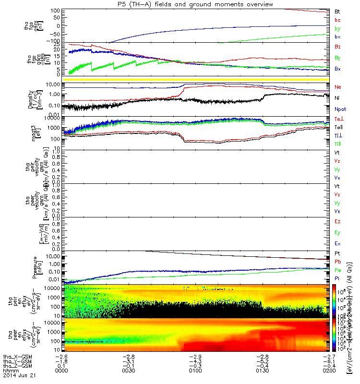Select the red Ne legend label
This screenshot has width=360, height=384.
[338, 87]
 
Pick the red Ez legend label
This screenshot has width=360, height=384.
[337, 222]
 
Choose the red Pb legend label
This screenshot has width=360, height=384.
[337, 262]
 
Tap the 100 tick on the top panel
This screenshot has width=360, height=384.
[54, 11]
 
